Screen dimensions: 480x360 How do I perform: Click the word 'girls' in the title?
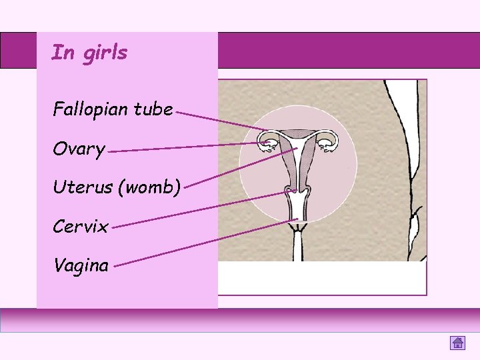click(x=105, y=53)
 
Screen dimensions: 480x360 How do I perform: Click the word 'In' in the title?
click(x=63, y=52)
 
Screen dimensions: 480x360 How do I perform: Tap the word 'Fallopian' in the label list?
click(x=91, y=109)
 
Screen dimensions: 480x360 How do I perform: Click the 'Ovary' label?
click(x=79, y=149)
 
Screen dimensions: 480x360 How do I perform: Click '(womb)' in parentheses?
click(x=150, y=188)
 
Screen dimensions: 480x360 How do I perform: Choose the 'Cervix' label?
click(x=80, y=227)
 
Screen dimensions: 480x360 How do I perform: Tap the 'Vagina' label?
click(x=81, y=265)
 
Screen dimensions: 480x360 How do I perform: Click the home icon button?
click(x=457, y=343)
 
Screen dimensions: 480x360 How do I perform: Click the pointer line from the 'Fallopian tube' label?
click(x=220, y=121)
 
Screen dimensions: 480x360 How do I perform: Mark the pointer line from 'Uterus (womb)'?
click(x=240, y=167)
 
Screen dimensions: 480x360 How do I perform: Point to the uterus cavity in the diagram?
click(x=298, y=160)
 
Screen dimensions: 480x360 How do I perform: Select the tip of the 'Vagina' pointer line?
click(x=297, y=219)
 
